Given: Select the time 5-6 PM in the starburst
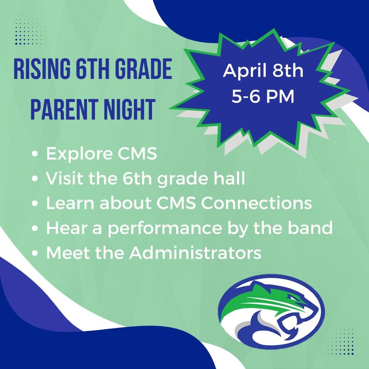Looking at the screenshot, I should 263,96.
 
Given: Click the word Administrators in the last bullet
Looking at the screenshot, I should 195,253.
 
